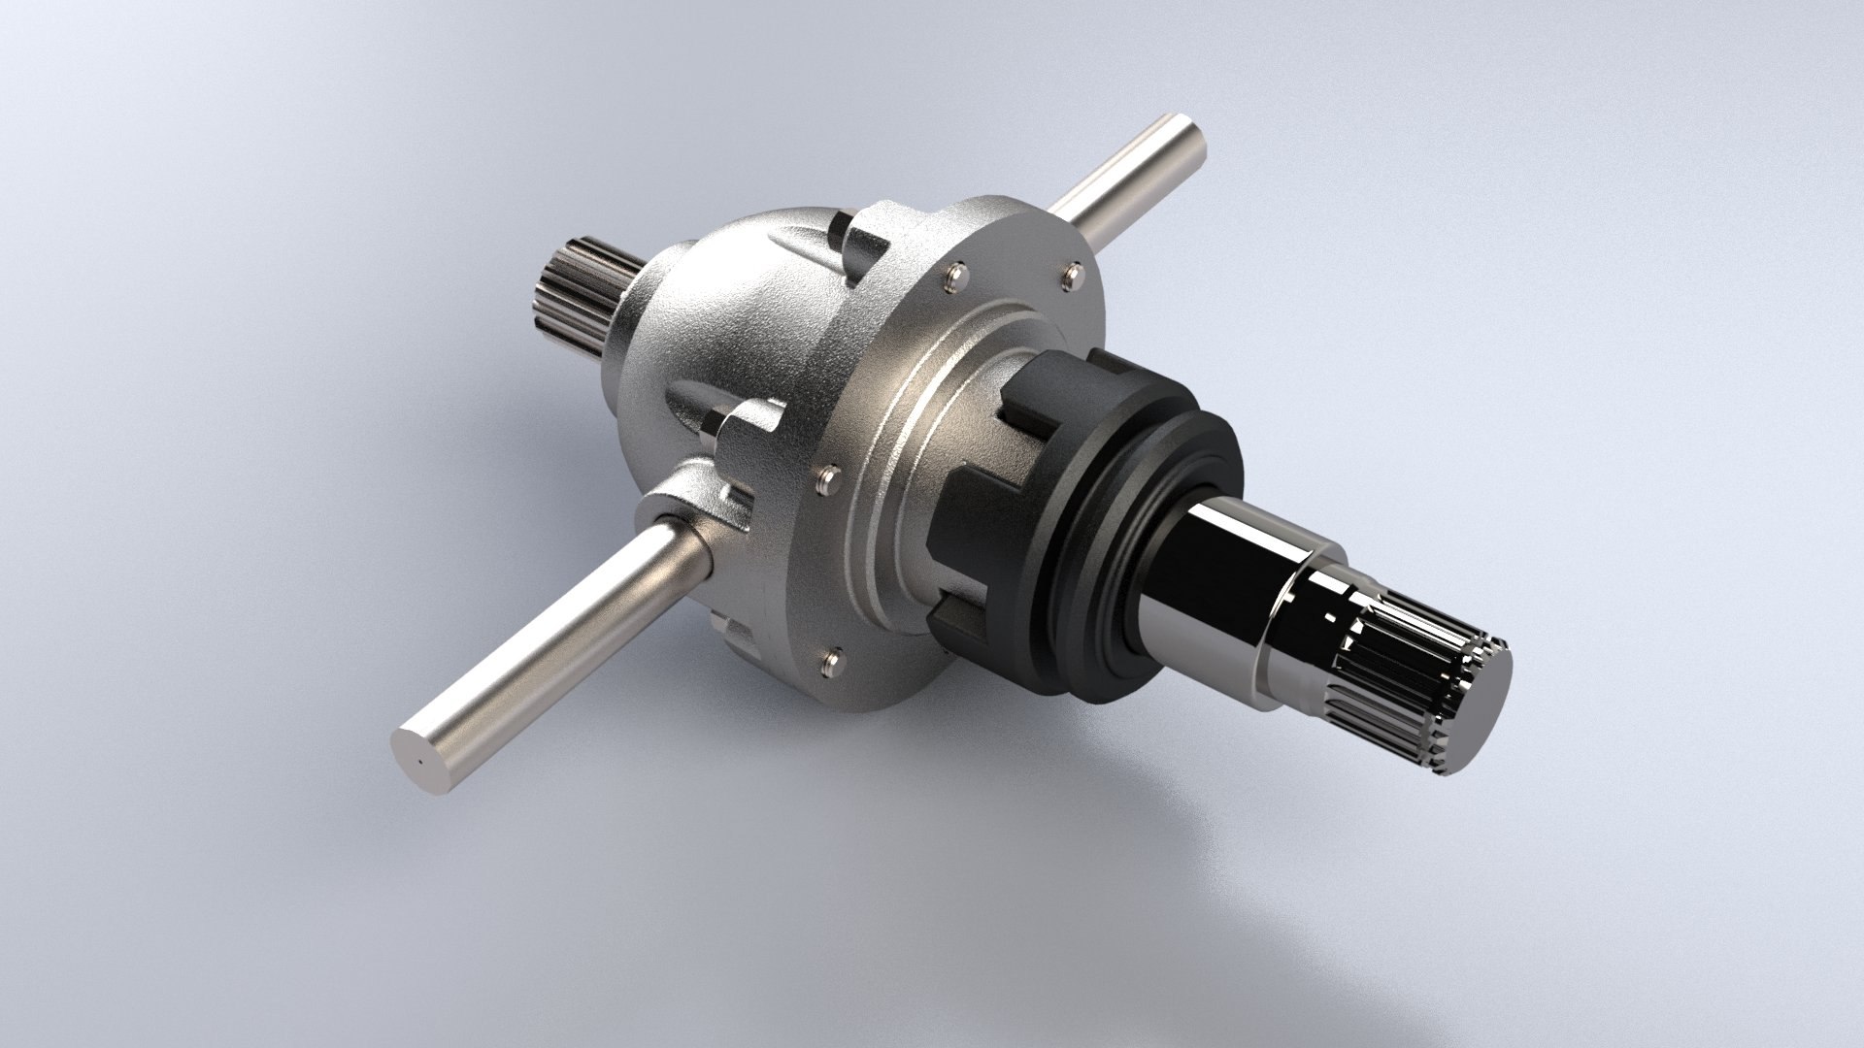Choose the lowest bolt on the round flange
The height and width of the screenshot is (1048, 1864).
click(x=831, y=661)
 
